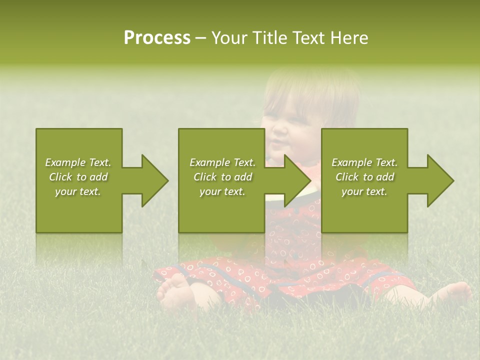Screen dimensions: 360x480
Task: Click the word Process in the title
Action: point(157,38)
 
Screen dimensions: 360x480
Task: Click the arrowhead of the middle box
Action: point(297,180)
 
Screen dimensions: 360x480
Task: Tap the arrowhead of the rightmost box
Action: point(440,180)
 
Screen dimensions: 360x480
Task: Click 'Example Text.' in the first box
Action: point(78,162)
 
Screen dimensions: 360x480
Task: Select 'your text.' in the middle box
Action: point(222,191)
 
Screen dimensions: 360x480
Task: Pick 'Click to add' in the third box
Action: point(364,177)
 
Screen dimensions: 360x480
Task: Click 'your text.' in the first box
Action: point(78,191)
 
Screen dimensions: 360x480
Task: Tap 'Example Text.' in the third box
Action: point(364,162)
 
